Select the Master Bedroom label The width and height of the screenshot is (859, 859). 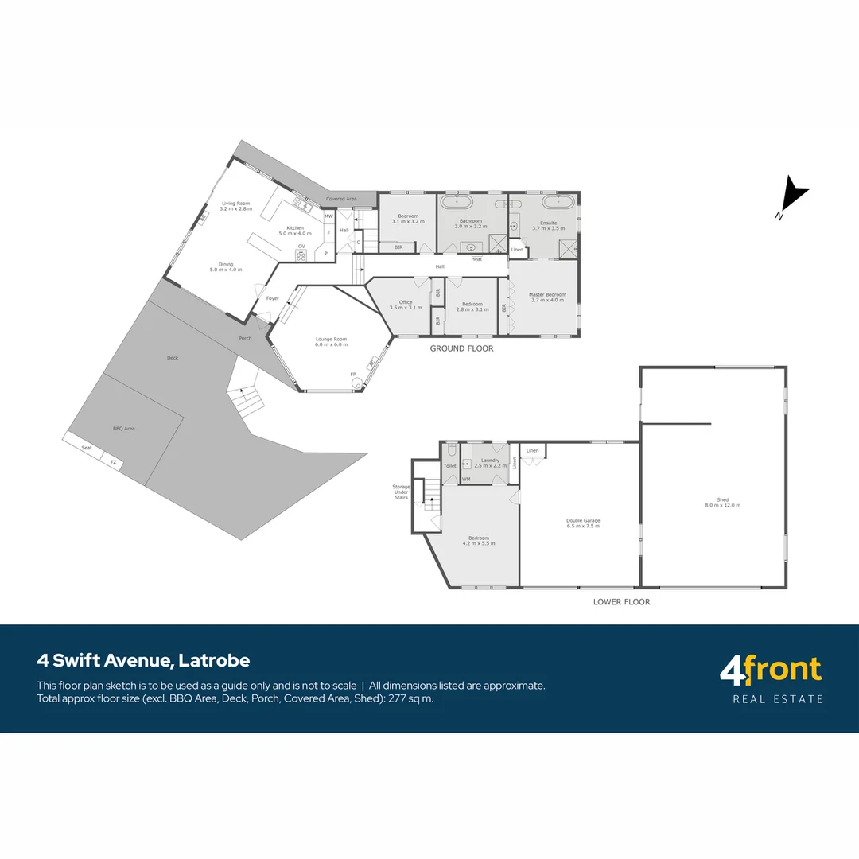click(x=547, y=295)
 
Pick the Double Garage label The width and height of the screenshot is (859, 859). click(x=583, y=521)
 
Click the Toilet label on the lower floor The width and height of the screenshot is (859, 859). click(x=449, y=465)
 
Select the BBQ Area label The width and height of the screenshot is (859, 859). click(x=123, y=429)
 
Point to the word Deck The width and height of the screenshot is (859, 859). click(x=173, y=358)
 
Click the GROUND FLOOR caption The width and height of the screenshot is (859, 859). click(x=461, y=348)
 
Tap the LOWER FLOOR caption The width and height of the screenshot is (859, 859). click(x=621, y=602)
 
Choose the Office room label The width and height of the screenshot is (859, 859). click(x=406, y=302)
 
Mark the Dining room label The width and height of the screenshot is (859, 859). click(x=226, y=264)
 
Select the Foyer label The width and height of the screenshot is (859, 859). click(x=273, y=298)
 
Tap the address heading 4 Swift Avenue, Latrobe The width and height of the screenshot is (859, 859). click(x=143, y=660)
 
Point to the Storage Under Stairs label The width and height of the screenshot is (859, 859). click(x=401, y=492)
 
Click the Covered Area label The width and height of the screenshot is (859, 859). click(x=341, y=198)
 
